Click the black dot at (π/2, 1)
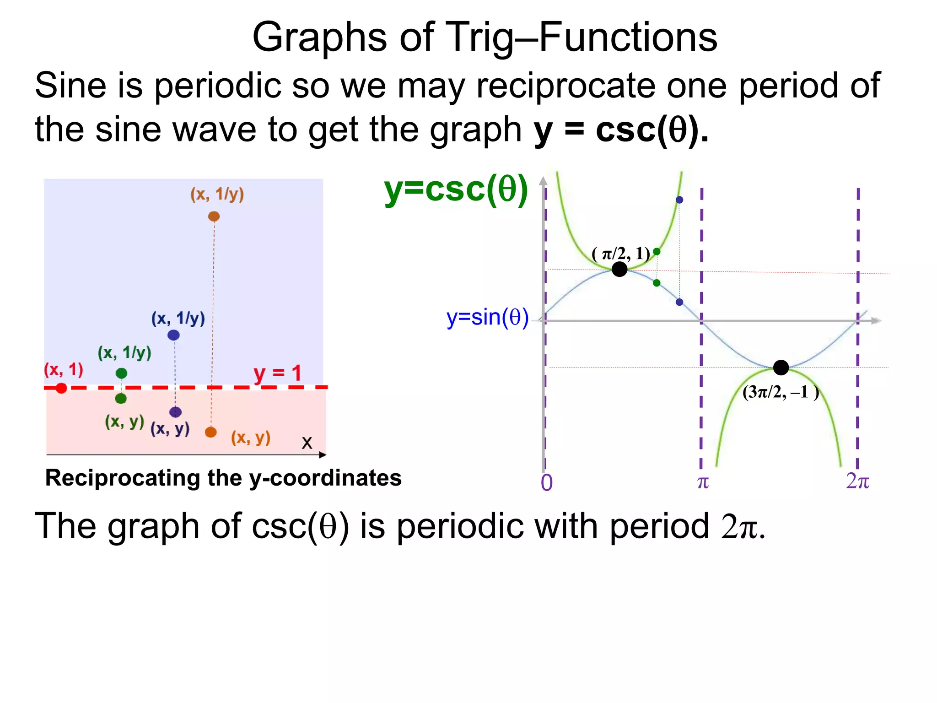(x=619, y=269)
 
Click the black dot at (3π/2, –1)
(x=781, y=367)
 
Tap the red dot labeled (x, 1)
(x=61, y=388)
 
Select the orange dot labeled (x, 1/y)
(x=214, y=216)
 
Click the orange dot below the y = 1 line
(x=211, y=432)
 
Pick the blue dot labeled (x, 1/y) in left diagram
(x=173, y=335)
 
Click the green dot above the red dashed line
(x=121, y=373)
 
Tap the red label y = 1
(x=278, y=373)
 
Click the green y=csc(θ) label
(x=456, y=189)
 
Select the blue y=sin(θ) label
(x=487, y=317)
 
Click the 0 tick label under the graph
(x=547, y=483)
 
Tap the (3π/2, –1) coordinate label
(x=781, y=392)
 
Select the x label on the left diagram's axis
(x=307, y=443)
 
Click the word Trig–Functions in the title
(x=581, y=38)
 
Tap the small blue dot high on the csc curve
(x=679, y=200)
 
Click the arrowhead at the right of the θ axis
(x=876, y=321)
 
